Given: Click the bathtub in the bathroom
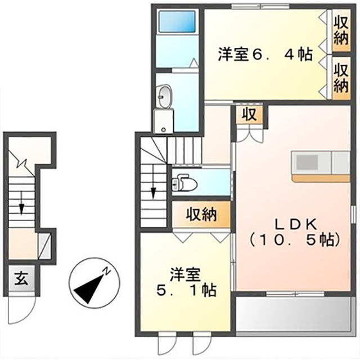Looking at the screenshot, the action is [x=177, y=22].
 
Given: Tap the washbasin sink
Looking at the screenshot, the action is [x=165, y=97].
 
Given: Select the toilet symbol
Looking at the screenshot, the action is [x=184, y=182].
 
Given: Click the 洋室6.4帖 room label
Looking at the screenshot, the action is [x=265, y=55].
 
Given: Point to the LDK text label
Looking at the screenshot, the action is [x=296, y=226].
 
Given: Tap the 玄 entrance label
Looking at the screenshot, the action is [x=21, y=279].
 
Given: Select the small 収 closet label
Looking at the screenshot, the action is [x=250, y=114].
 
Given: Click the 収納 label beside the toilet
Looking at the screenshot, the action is [x=201, y=215].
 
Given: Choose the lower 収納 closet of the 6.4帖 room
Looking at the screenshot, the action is [x=341, y=78].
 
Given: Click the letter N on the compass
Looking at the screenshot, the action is [x=106, y=271].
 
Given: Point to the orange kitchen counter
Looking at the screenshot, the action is [x=321, y=178].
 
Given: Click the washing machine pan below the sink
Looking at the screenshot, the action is [x=163, y=121].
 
